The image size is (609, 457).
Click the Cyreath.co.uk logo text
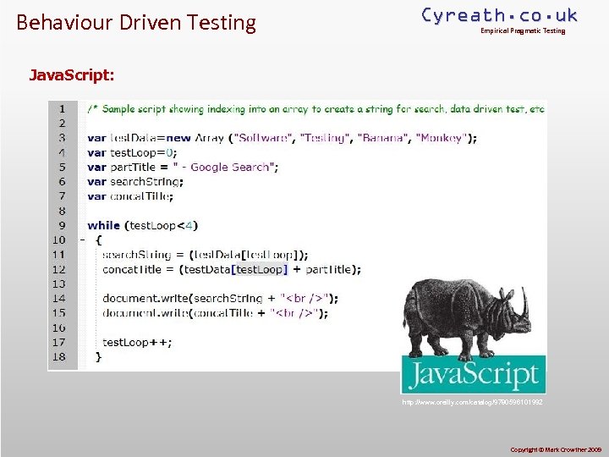pos(500,15)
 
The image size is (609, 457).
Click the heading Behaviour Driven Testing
pos(136,22)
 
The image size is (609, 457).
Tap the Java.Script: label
pos(72,74)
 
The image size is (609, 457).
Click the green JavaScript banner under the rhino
pos(473,375)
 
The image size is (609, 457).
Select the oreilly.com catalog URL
pos(473,402)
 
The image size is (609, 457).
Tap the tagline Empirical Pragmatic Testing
pos(523,31)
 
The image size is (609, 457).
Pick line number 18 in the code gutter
pos(58,356)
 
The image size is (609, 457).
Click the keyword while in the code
pos(103,225)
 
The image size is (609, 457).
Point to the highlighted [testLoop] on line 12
pos(260,269)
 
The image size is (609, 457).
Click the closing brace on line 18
pos(98,357)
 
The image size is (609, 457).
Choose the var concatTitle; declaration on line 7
pos(130,196)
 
